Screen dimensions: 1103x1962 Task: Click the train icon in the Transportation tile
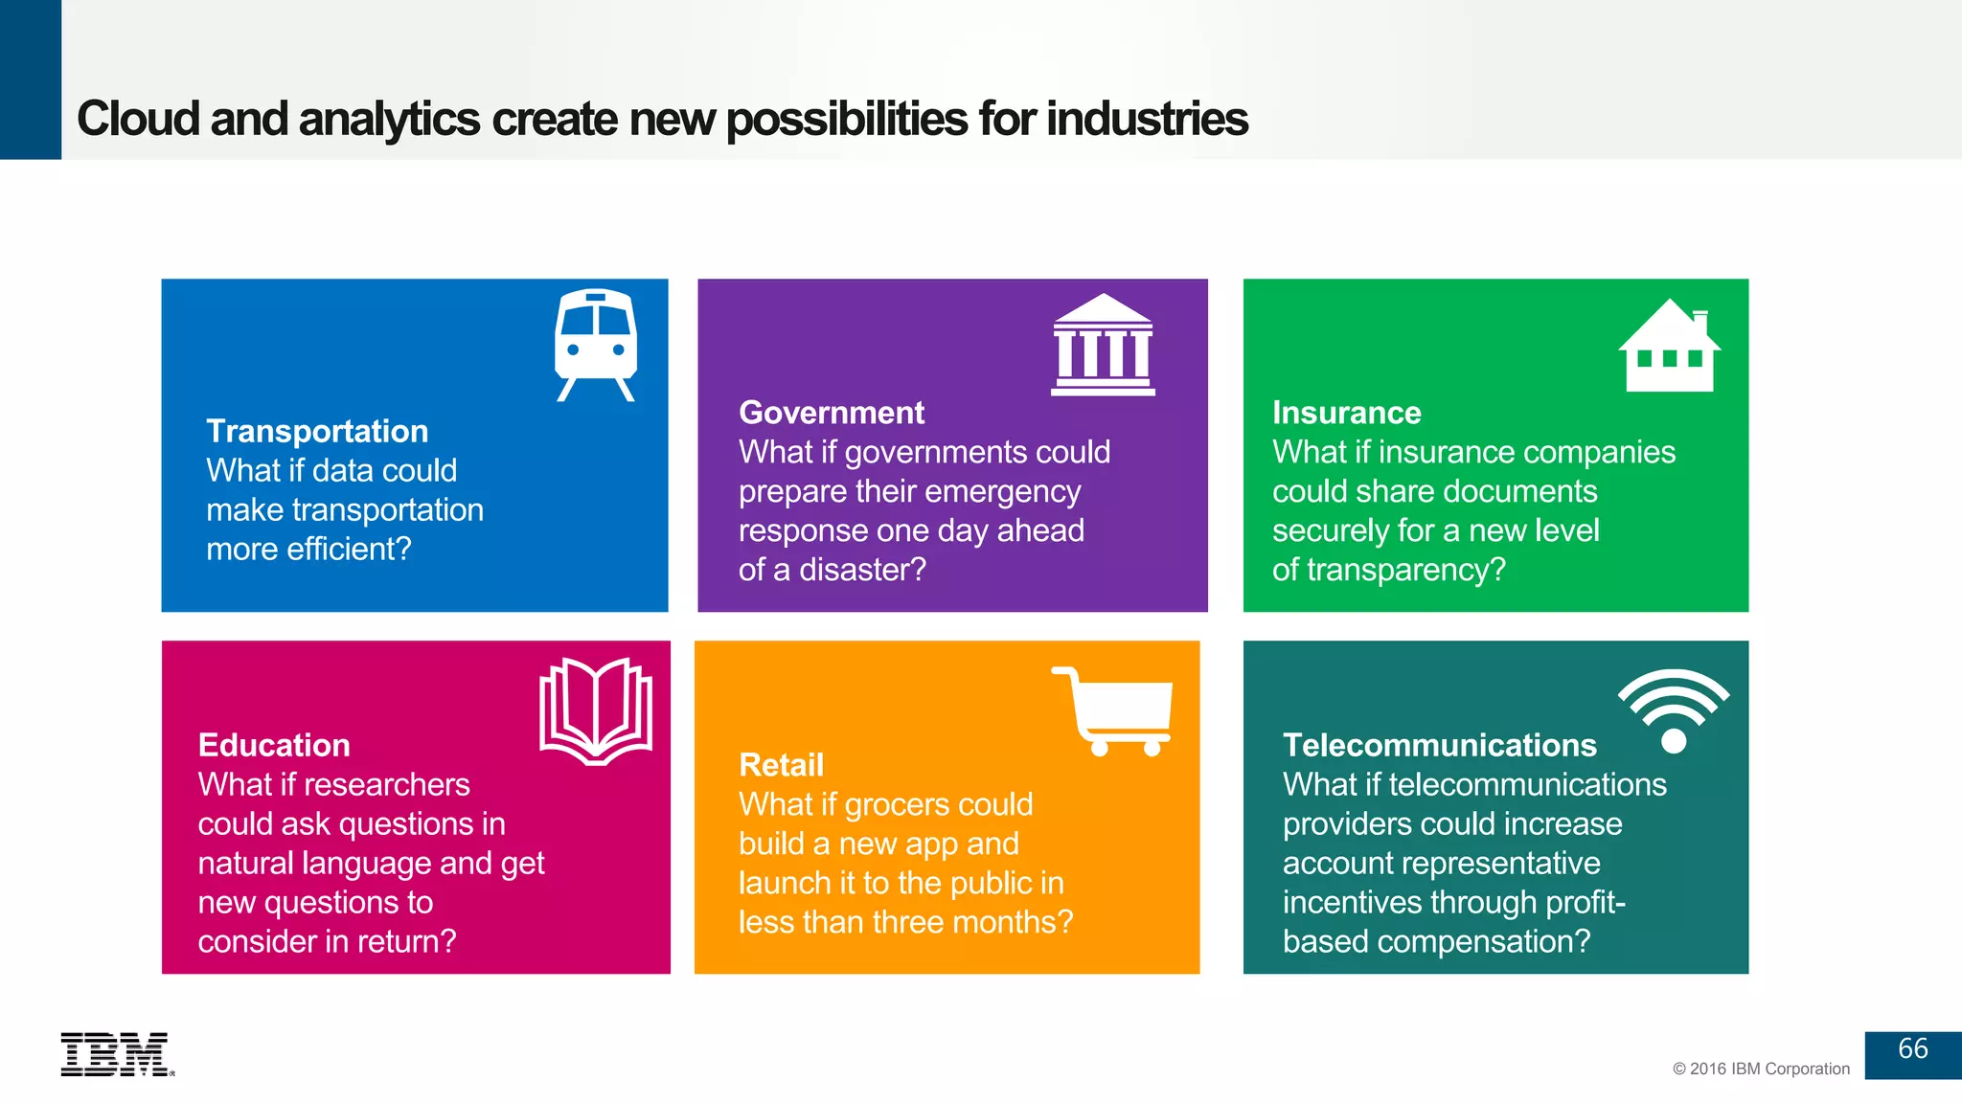coord(595,345)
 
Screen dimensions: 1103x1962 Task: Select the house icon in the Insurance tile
coord(1670,347)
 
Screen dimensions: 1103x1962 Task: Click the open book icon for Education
coord(596,710)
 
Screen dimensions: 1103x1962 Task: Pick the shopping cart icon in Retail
coord(1115,710)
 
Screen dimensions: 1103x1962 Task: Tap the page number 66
coord(1912,1049)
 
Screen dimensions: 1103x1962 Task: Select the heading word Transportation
coord(317,431)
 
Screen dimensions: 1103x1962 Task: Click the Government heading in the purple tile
coord(832,413)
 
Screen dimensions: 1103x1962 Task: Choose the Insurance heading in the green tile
coord(1346,413)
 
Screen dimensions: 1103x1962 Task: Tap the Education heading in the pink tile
coord(274,745)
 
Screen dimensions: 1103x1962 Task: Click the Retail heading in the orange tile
coord(781,765)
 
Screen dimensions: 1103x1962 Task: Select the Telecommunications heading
coord(1439,745)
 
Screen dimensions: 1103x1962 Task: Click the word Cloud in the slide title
coord(138,119)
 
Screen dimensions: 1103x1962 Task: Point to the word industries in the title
coord(1147,119)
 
